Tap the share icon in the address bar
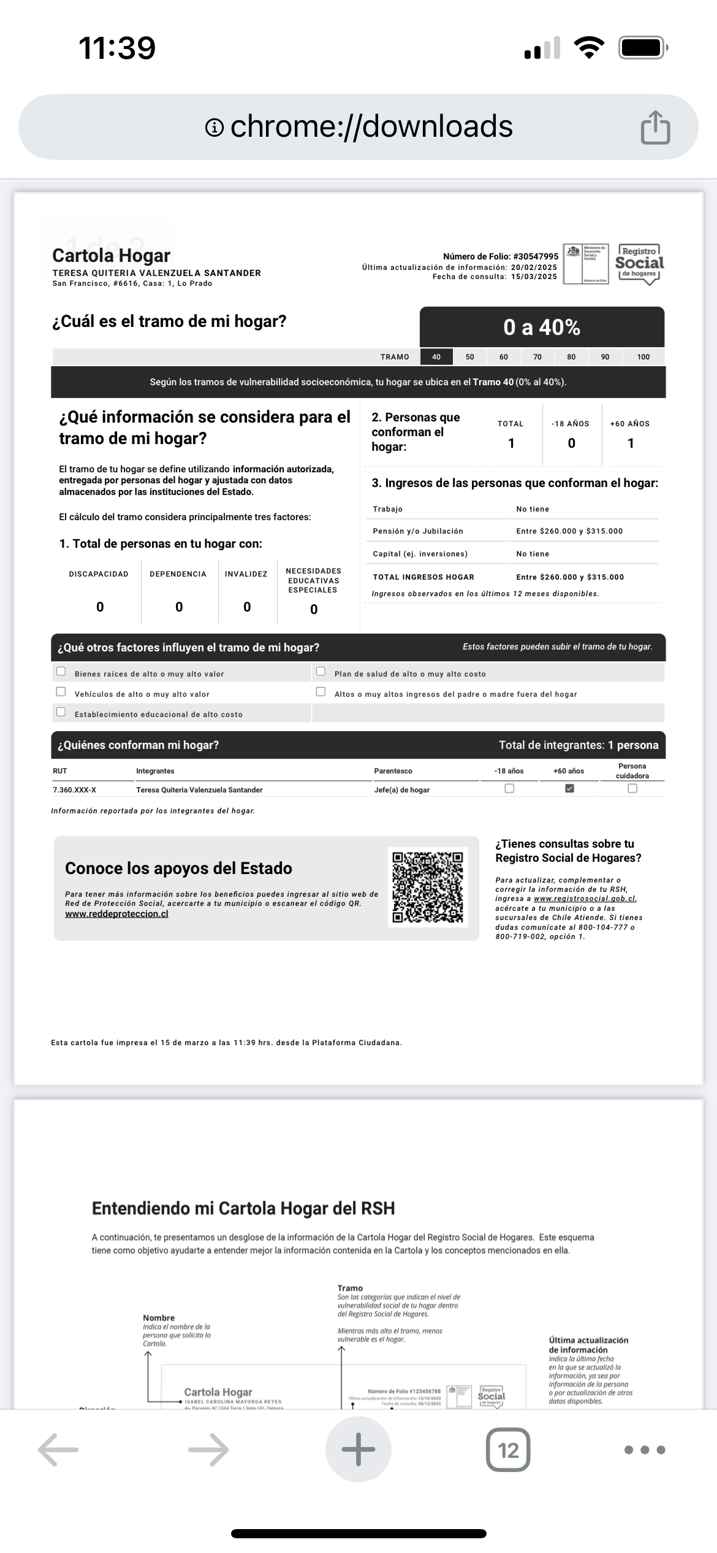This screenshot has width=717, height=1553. coord(655,128)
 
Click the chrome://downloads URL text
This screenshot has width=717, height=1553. coord(371,126)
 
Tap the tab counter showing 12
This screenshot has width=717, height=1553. coord(508,1450)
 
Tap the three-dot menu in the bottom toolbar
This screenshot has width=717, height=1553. coord(644,1450)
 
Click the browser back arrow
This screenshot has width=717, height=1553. coord(58,1450)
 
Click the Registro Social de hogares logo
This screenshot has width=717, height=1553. coord(639,264)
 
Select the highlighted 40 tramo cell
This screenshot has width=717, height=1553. coord(436,357)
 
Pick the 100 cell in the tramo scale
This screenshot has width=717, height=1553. coord(643,357)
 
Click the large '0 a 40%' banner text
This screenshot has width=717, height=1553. coord(542,328)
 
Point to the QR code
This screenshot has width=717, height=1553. coord(428,887)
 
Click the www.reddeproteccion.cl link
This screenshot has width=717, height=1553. coord(116,914)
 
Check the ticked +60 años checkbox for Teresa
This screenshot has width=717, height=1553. coord(569,789)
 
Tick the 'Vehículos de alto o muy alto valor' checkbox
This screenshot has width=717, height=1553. coord(61,692)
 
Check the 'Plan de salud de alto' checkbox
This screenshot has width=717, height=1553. coord(321,672)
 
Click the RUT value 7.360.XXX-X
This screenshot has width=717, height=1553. coord(74,790)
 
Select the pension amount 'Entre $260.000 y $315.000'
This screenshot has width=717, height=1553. coord(569,531)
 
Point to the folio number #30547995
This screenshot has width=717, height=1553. coord(536,256)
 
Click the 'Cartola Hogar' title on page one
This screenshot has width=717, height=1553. coord(111,256)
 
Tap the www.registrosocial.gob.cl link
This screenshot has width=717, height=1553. coord(584,899)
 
